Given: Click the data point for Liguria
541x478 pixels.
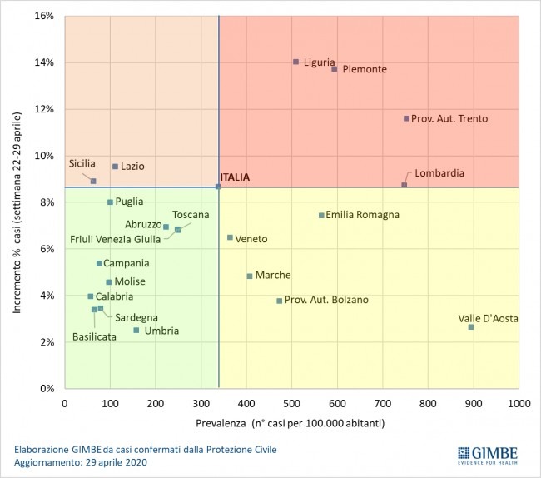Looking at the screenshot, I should (x=295, y=62).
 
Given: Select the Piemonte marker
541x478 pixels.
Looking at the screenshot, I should (x=335, y=69).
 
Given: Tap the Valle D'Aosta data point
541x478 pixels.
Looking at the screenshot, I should (x=471, y=327).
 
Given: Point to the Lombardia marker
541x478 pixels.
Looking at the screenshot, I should (x=405, y=185).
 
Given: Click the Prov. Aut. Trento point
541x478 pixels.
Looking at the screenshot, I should (x=406, y=118).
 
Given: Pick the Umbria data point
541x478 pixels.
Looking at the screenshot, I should (x=136, y=331).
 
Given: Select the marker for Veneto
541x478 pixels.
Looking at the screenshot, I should (x=231, y=237).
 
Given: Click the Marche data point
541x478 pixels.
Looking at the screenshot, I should (x=250, y=276).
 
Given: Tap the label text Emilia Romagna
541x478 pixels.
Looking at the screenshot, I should (x=362, y=215).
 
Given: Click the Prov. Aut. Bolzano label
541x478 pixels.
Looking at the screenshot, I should (x=326, y=300).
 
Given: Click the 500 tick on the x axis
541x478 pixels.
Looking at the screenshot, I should (x=291, y=404).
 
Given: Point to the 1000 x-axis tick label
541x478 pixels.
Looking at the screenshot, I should (x=519, y=404).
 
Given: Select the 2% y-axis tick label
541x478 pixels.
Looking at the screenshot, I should (x=47, y=342).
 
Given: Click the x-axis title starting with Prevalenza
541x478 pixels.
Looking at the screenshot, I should (x=290, y=422).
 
